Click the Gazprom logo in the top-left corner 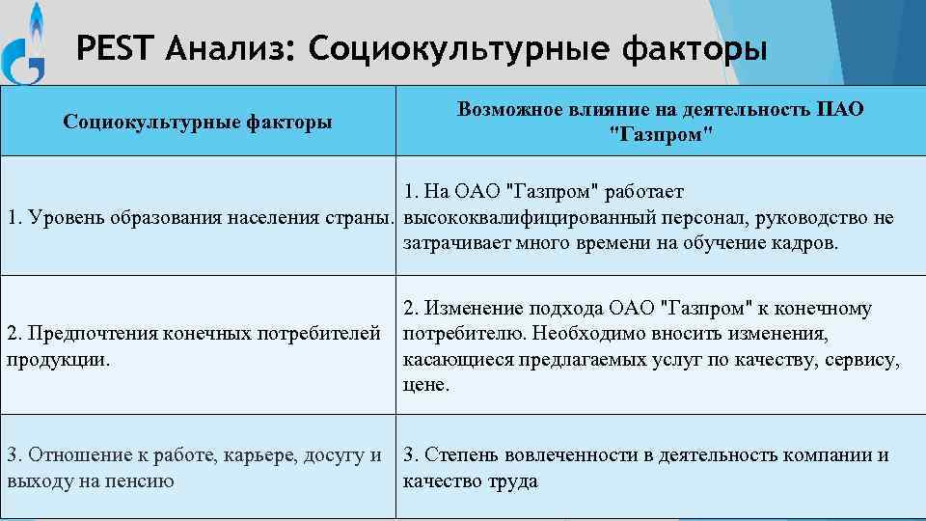point(26,43)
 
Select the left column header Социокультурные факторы point(198,122)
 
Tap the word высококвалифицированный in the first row point(529,218)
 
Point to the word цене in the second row point(425,385)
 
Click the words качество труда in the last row point(470,480)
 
